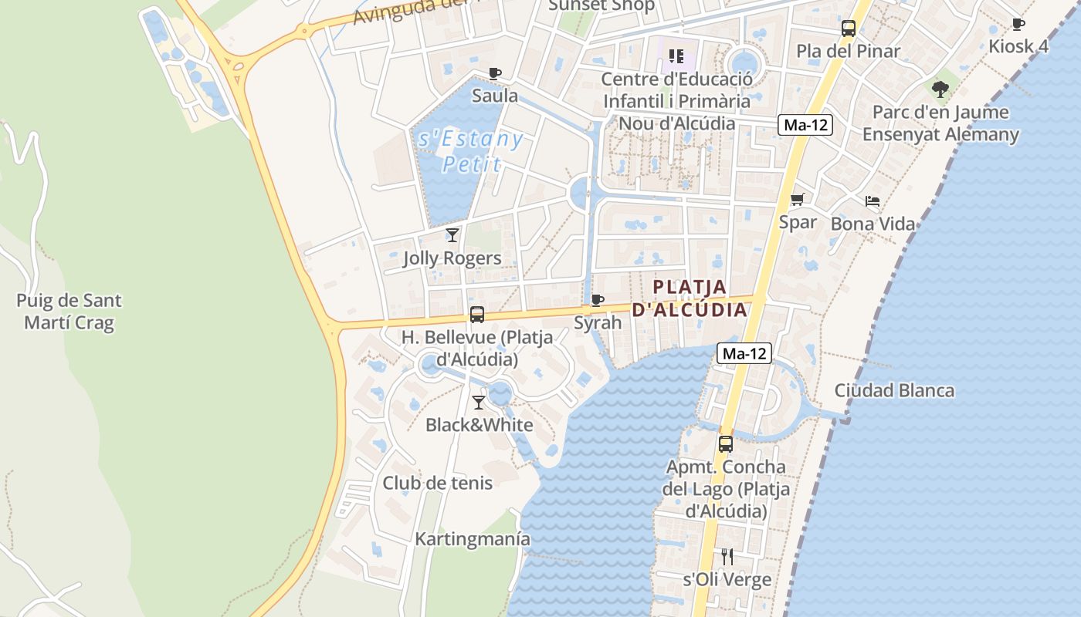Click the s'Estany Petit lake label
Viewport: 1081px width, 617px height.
click(x=470, y=151)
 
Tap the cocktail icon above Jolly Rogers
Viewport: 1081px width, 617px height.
click(x=452, y=234)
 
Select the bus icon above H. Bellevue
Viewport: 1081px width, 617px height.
click(x=477, y=315)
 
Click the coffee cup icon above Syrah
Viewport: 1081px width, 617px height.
click(x=597, y=300)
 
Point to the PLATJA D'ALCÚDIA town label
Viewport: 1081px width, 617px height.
click(x=690, y=298)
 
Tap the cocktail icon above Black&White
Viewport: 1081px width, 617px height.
click(x=479, y=402)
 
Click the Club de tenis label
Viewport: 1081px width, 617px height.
click(x=437, y=483)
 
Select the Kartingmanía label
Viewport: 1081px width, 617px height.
click(x=473, y=538)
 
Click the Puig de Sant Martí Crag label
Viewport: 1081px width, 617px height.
click(x=69, y=312)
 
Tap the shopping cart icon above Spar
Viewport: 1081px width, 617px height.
click(x=798, y=200)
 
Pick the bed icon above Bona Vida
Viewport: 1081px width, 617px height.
click(x=873, y=202)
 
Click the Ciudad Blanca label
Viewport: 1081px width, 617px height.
click(x=894, y=390)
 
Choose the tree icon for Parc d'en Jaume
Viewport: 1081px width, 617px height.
click(x=940, y=89)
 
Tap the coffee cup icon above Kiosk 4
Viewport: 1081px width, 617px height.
click(x=1018, y=24)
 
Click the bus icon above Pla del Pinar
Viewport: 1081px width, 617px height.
click(x=849, y=29)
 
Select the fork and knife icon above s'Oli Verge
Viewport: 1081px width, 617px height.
click(x=727, y=556)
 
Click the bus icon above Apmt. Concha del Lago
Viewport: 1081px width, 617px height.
click(x=726, y=443)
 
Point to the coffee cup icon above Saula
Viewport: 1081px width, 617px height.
click(x=495, y=74)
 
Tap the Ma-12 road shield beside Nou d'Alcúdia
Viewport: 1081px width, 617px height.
click(x=805, y=125)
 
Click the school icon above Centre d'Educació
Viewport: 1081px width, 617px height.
click(x=677, y=56)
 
